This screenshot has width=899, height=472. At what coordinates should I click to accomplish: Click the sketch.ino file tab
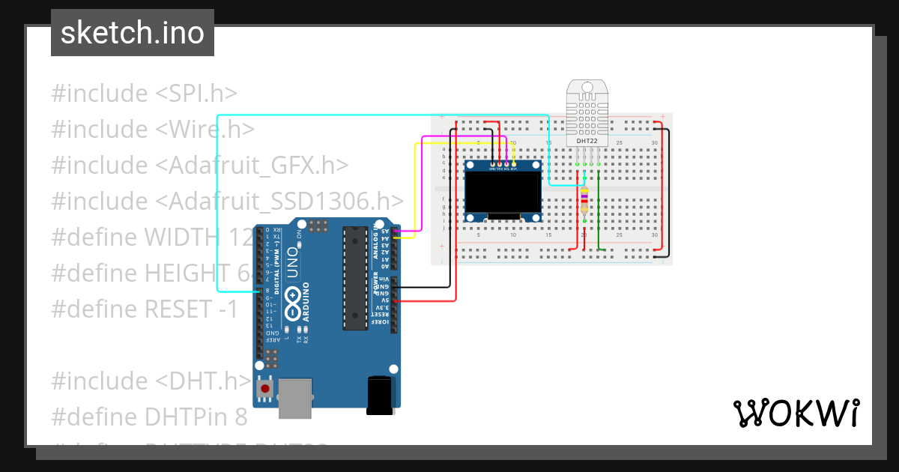tap(132, 33)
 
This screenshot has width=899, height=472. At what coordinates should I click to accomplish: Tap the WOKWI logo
tap(796, 413)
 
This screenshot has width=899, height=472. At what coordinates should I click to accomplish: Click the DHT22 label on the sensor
tap(587, 141)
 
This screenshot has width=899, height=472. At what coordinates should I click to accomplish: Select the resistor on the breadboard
tap(584, 202)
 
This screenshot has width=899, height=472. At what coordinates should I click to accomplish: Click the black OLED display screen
tap(503, 192)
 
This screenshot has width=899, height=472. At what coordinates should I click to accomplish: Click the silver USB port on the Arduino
tap(295, 398)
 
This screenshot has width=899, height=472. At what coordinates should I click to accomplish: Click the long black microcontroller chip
tap(355, 277)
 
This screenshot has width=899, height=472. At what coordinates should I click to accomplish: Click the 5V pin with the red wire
tap(395, 300)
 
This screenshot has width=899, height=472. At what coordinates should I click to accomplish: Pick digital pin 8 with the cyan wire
tap(259, 291)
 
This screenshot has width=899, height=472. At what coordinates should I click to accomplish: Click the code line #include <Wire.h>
tap(153, 130)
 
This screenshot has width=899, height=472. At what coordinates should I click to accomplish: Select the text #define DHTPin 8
tap(149, 417)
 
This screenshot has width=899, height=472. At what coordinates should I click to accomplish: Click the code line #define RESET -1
tap(145, 309)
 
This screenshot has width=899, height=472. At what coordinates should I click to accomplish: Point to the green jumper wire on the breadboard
tap(599, 217)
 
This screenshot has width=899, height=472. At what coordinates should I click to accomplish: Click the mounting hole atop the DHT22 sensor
tap(587, 88)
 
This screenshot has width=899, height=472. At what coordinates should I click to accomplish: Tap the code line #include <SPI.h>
tap(145, 94)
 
